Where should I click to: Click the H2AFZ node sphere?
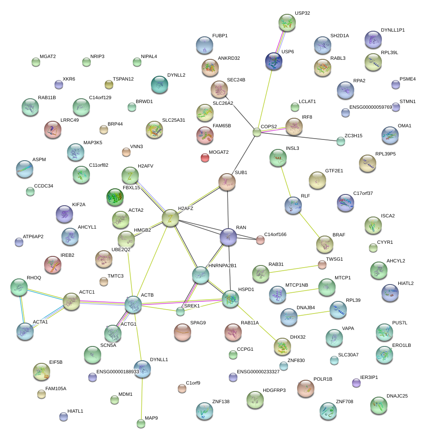(x=170, y=219)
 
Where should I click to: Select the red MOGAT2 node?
(x=205, y=158)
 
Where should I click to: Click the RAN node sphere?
(x=228, y=236)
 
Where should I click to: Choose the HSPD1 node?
(x=230, y=299)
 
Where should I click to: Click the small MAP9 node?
(x=141, y=423)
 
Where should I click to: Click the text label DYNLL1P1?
(x=393, y=30)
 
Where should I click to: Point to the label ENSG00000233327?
(x=258, y=372)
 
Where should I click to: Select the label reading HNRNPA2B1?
(x=223, y=265)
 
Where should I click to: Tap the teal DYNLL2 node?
(x=159, y=84)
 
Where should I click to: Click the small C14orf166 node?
(x=260, y=240)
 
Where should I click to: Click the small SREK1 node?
(x=180, y=311)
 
